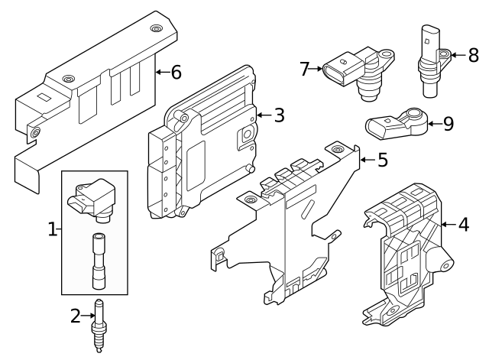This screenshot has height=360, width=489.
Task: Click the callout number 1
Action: coord(53,229)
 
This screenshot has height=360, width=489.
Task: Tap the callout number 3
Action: coord(279,116)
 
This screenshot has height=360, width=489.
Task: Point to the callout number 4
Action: coord(462,225)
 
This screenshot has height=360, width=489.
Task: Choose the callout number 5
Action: coord(382,160)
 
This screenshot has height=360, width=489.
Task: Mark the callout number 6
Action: coord(175,73)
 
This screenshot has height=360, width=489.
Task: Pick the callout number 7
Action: coord(305,70)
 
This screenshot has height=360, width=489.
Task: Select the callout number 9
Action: coord(447,123)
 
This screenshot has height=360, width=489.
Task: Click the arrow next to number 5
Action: coord(367,160)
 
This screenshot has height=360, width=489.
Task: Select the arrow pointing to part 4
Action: coord(447,225)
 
